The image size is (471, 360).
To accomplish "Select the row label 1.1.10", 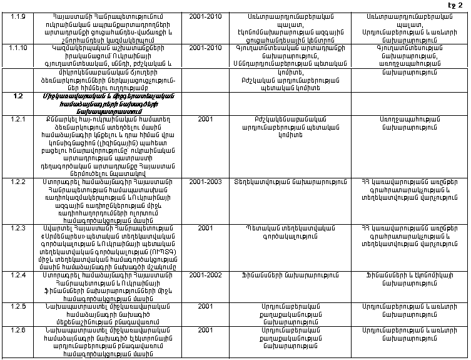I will pyautogui.click(x=20, y=48).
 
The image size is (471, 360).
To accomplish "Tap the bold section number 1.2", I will pyautogui.click(x=18, y=96).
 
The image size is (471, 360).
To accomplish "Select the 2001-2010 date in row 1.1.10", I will pyautogui.click(x=206, y=48).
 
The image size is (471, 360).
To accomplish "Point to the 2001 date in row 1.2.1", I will pyautogui.click(x=205, y=119).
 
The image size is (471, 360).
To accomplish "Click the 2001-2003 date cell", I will pyautogui.click(x=206, y=182).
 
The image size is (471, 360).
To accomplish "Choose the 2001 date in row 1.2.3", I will pyautogui.click(x=205, y=227).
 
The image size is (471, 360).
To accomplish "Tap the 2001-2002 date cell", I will pyautogui.click(x=206, y=274).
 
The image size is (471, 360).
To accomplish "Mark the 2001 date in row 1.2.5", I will pyautogui.click(x=205, y=306).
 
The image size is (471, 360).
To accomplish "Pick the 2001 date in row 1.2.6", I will pyautogui.click(x=205, y=329).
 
